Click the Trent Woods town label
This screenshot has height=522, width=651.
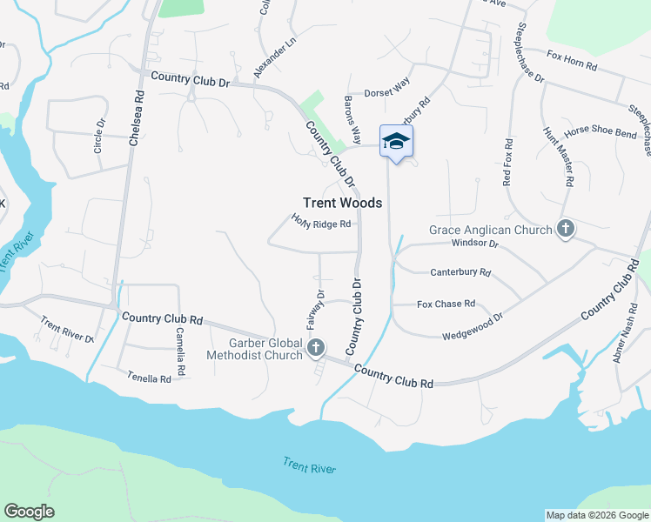click(x=342, y=202)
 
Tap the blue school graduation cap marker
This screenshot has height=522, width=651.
click(x=396, y=142)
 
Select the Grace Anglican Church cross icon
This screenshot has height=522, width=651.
click(x=566, y=230)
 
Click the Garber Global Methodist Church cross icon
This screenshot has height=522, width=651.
click(x=315, y=349)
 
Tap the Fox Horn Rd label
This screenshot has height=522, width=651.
click(x=572, y=60)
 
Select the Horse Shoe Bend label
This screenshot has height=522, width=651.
click(x=601, y=133)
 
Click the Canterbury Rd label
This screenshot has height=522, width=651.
click(x=460, y=272)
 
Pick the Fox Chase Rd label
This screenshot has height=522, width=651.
click(x=446, y=304)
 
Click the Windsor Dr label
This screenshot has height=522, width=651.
click(x=474, y=244)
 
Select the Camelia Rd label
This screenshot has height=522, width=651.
click(x=180, y=345)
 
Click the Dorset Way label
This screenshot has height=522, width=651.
click(x=386, y=91)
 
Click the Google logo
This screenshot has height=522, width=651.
click(x=29, y=512)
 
